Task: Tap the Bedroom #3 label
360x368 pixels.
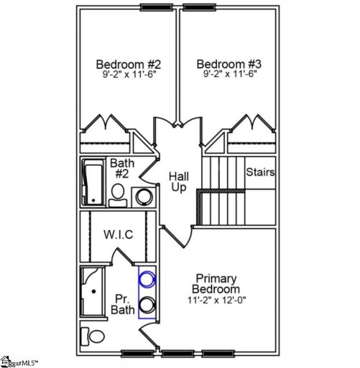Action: click(x=227, y=63)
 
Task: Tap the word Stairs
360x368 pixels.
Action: click(x=260, y=172)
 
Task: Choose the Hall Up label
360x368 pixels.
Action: click(x=178, y=181)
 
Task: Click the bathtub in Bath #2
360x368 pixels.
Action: click(x=93, y=183)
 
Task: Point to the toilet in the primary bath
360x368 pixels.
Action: click(x=94, y=335)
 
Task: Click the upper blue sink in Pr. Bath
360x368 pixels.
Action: click(x=147, y=278)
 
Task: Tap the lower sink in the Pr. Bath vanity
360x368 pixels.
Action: click(x=147, y=304)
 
